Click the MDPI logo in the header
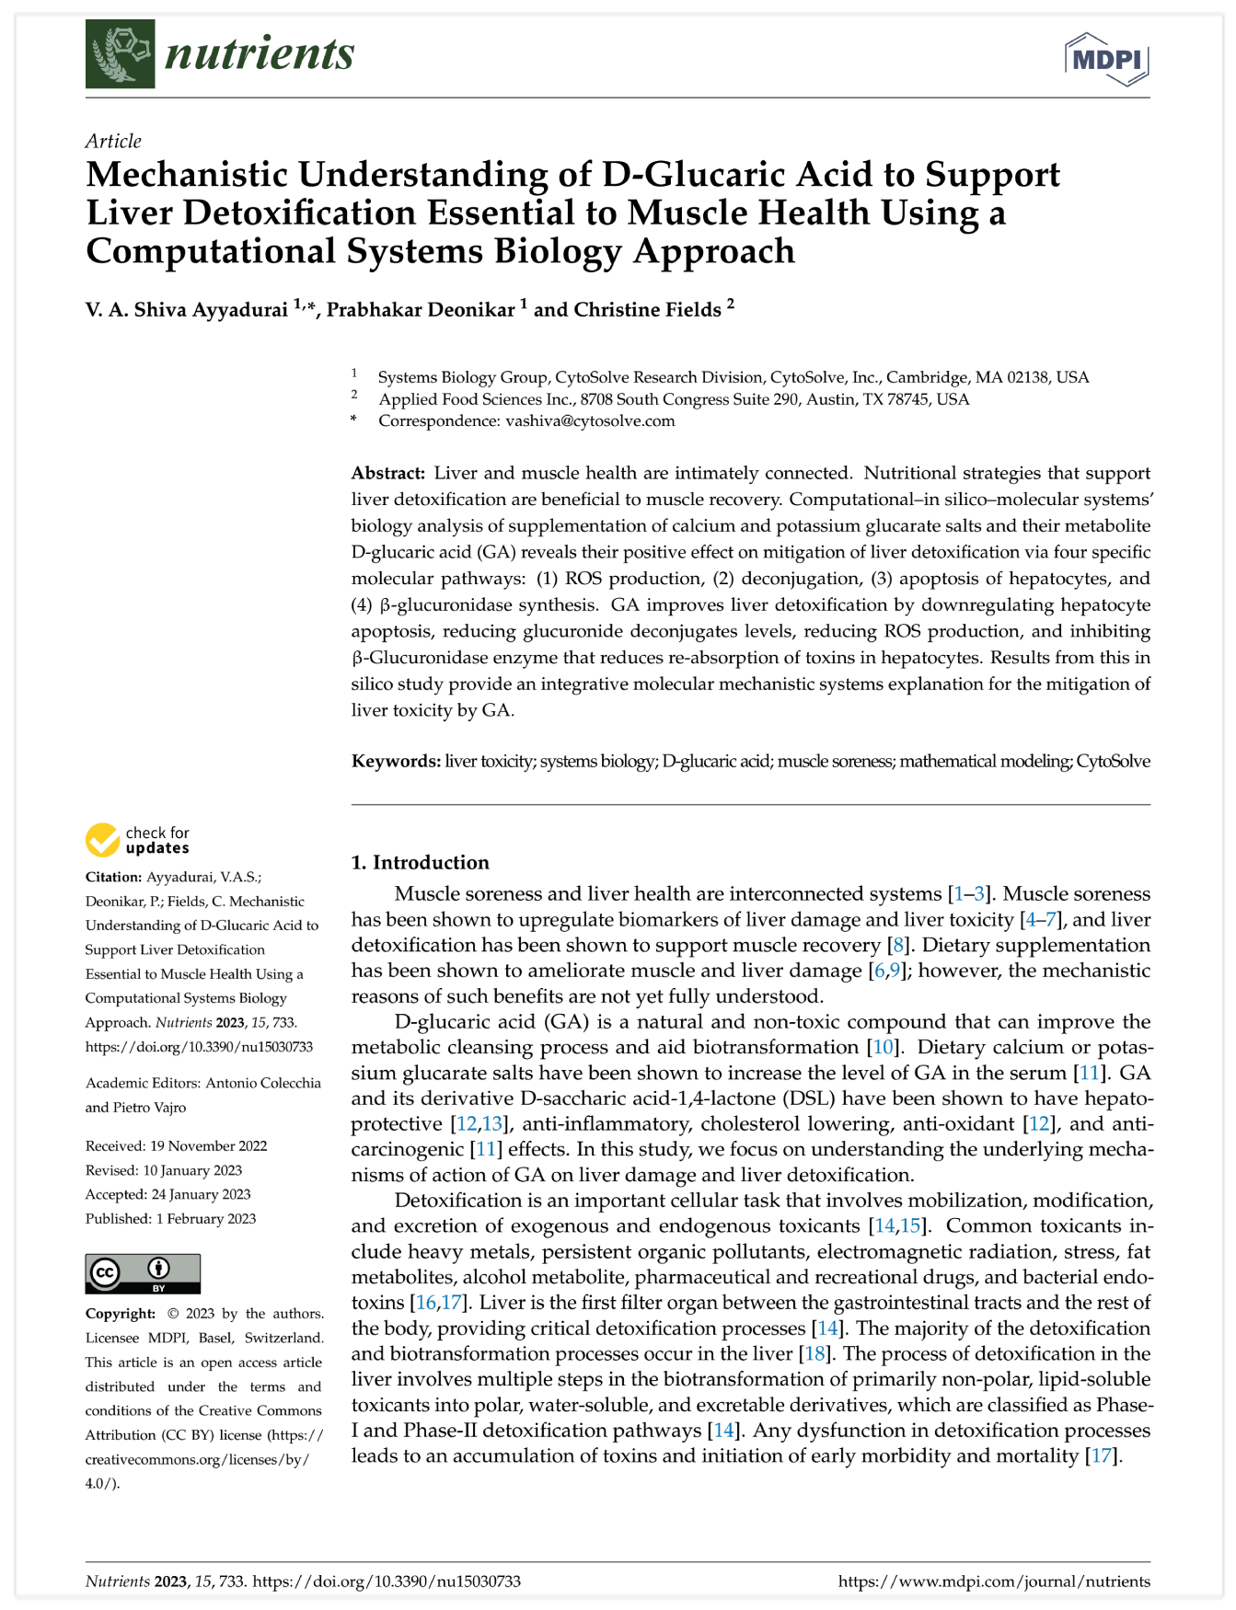click(x=1107, y=59)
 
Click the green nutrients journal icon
click(x=120, y=53)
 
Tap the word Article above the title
click(x=113, y=141)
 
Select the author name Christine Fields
click(x=647, y=310)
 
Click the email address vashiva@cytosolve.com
click(x=590, y=421)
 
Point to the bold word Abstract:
click(x=388, y=474)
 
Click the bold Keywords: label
click(x=396, y=762)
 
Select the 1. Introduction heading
click(x=420, y=863)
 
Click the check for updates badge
click(x=138, y=840)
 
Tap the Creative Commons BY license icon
click(x=143, y=1273)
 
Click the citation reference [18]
click(x=815, y=1354)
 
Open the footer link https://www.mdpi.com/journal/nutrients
click(x=994, y=1582)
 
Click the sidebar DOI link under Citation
click(x=199, y=1047)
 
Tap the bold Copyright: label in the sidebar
click(x=121, y=1314)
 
